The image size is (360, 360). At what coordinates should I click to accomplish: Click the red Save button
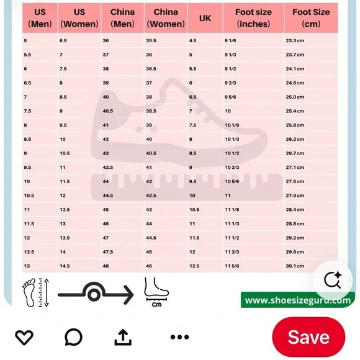[308, 337]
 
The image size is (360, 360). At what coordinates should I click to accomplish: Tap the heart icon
[24, 337]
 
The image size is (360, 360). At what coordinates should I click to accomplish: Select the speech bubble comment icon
[73, 337]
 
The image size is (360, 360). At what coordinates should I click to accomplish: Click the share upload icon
[123, 337]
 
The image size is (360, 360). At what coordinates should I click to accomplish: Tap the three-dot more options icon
[180, 337]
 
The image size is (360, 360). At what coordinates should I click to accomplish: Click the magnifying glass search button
[333, 280]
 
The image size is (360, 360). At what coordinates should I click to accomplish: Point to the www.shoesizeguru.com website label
[297, 300]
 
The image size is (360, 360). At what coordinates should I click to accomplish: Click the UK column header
[205, 18]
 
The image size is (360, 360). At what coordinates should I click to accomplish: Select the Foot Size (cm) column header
[311, 18]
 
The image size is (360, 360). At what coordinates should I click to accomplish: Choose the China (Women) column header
[166, 18]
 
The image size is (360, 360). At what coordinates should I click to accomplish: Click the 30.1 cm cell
[295, 266]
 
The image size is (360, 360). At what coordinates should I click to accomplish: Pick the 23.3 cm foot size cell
[295, 40]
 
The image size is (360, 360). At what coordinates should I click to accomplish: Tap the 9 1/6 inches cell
[230, 40]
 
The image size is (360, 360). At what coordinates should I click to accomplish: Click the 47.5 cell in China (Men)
[107, 252]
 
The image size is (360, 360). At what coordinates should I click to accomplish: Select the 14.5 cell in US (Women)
[65, 266]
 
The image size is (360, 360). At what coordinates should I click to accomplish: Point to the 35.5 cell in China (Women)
[151, 40]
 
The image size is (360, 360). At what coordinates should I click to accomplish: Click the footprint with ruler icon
[35, 292]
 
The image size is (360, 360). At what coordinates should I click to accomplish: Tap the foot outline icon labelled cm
[156, 292]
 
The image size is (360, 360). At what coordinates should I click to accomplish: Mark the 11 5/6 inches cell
[232, 266]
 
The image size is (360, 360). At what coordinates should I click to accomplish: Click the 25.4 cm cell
[295, 111]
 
